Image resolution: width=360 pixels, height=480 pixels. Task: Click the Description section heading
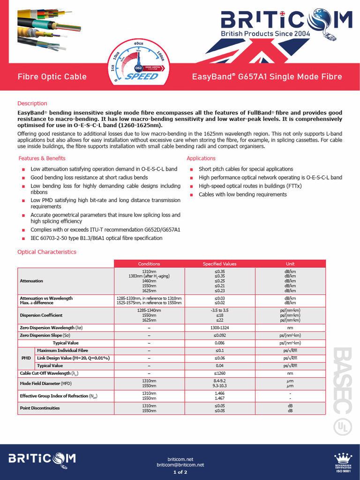pos(32,103)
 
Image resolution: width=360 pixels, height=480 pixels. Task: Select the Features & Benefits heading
pos(42,158)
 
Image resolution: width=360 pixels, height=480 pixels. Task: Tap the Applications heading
pos(201,158)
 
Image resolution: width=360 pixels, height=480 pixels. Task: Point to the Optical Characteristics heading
pos(46,252)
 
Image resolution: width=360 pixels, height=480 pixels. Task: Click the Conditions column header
pos(149,264)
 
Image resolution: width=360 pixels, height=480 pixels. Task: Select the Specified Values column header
pos(219,264)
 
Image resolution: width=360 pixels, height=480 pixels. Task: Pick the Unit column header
pos(290,264)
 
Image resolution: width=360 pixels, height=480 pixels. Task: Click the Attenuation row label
pos(31,281)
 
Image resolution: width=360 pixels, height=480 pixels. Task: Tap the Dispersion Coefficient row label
pos(41,315)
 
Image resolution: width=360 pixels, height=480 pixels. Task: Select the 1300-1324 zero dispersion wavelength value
pos(219,328)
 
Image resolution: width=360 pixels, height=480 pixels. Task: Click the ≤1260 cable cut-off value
pos(219,373)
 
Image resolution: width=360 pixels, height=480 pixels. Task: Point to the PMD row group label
pos(26,358)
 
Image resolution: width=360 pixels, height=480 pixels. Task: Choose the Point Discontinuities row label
pos(40,408)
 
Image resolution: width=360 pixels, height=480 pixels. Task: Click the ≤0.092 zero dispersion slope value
pos(219,335)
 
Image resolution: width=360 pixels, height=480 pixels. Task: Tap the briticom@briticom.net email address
pos(180,465)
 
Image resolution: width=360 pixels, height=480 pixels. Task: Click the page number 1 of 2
pos(180,472)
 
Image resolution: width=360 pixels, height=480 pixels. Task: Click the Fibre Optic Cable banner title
pos(52,76)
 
